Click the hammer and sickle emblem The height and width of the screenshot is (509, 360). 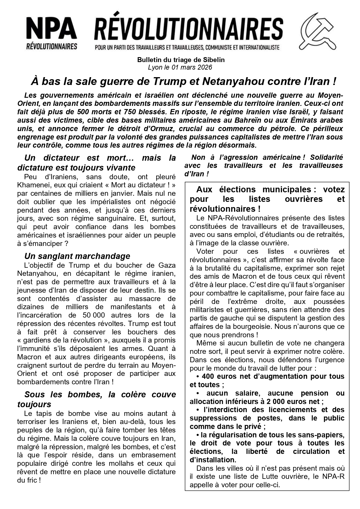point(317,31)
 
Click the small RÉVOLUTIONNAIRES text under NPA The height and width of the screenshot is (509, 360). point(52,46)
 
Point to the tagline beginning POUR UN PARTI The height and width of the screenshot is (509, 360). point(187,47)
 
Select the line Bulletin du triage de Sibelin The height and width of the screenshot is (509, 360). point(181,60)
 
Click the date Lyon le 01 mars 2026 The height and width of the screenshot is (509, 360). point(180,67)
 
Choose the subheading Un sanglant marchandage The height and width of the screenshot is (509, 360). point(77,256)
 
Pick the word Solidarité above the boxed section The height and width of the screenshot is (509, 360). point(326,157)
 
